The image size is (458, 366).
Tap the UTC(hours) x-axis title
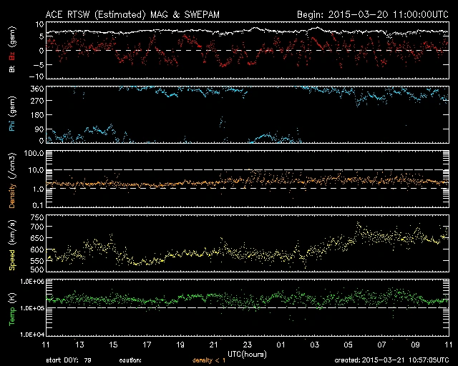(247, 353)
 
